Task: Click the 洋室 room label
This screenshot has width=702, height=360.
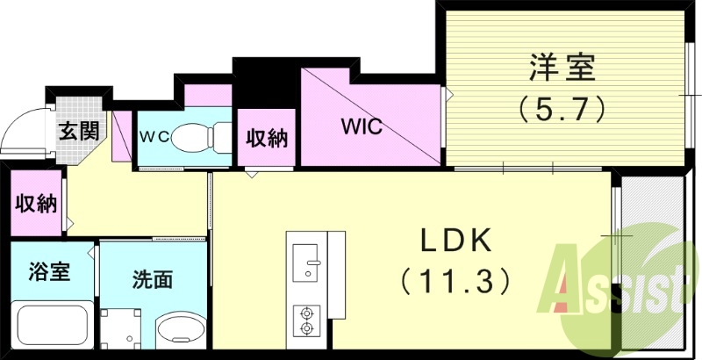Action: pos(563,68)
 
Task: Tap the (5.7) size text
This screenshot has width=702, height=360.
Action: pos(563,109)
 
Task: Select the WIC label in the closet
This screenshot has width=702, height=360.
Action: pos(362,126)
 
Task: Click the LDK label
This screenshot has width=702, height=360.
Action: pos(456,241)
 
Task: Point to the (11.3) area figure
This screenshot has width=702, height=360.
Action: pos(456,281)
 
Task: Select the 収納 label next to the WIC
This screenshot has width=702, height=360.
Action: pos(268,138)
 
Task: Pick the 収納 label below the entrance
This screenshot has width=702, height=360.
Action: pos(35,205)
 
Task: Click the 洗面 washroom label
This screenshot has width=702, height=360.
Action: pos(152,280)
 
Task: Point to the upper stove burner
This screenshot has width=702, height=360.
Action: pos(308,313)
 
